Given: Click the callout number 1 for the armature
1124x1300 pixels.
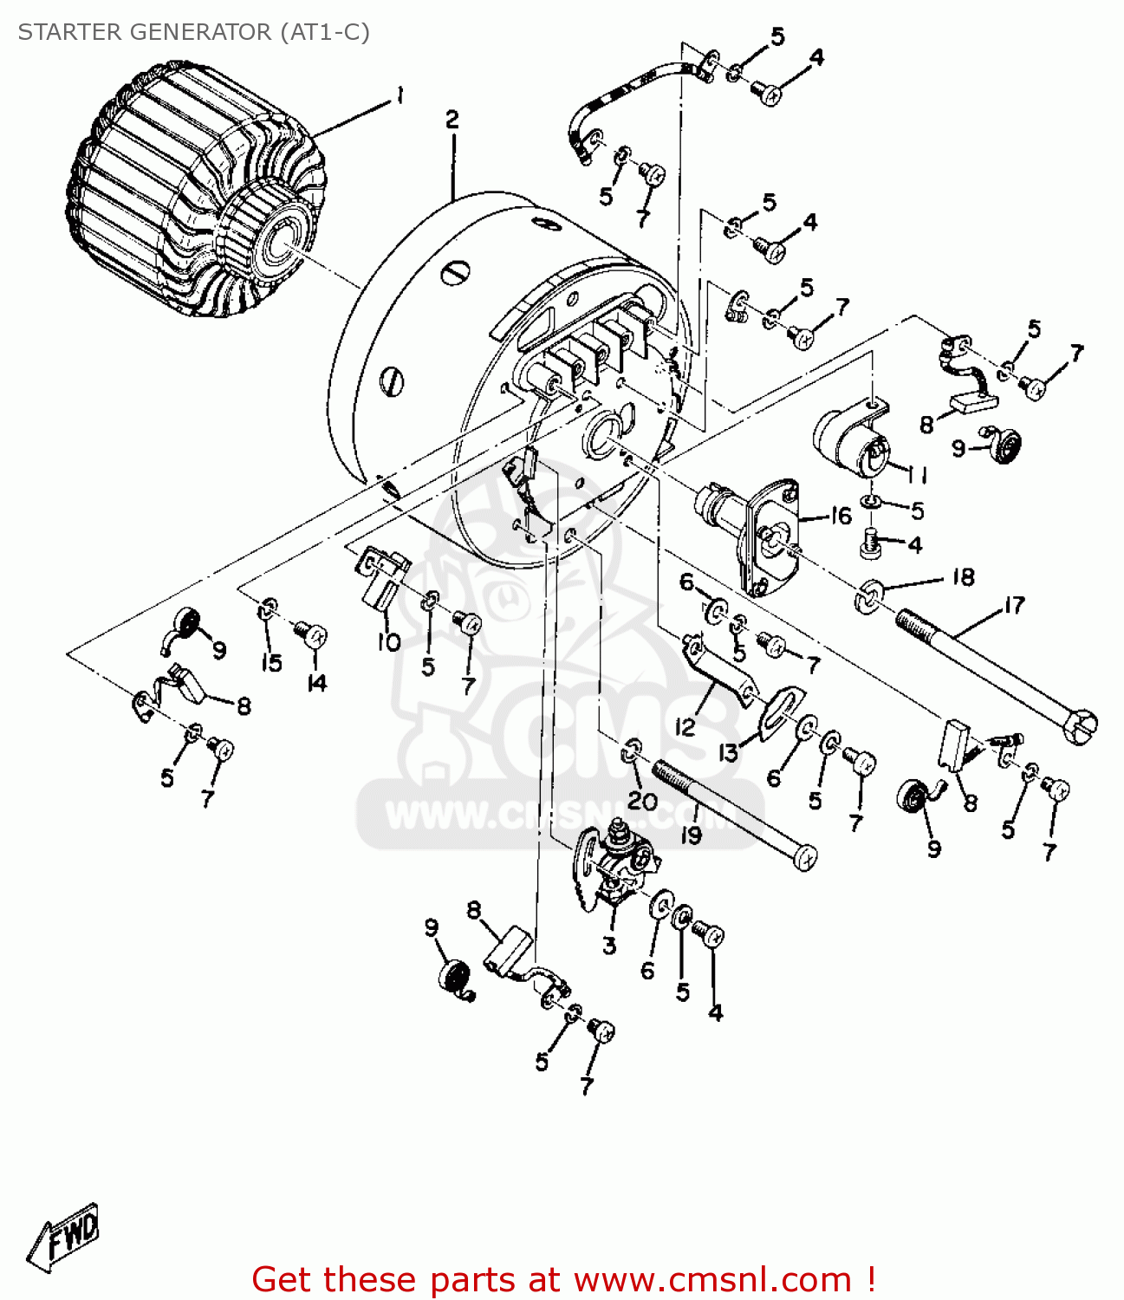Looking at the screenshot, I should coord(400,95).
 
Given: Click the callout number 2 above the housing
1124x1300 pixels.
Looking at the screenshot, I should coord(452,120).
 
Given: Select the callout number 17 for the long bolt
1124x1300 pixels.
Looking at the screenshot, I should coord(1014,606).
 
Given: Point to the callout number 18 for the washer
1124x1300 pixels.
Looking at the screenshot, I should coord(963,577).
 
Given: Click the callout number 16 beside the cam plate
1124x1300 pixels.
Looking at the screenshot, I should coord(841,517).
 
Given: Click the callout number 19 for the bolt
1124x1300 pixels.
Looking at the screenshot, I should coord(691,835).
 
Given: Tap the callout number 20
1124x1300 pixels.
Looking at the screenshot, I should coord(642,801).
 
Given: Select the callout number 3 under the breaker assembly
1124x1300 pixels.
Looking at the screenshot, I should coord(609,946).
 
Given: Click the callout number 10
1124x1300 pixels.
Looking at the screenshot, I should coord(389,642).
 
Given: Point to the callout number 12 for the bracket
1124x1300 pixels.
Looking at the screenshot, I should coord(685,726).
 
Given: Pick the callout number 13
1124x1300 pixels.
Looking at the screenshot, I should coord(728,752).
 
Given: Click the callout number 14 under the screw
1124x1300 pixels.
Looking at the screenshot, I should coord(317,683).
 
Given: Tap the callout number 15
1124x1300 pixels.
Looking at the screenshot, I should coord(271,663).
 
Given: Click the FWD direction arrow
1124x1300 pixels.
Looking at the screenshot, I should coord(66,1235).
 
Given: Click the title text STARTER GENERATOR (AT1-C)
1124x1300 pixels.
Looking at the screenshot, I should coord(193,32).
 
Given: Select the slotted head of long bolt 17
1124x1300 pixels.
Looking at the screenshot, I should coord(1080,726).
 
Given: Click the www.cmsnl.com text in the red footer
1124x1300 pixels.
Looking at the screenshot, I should coord(712,1280).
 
